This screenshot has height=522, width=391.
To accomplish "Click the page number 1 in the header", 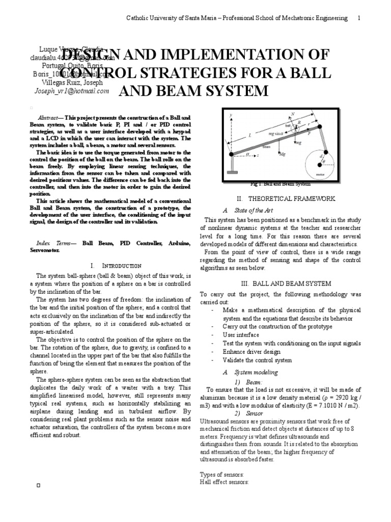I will pyautogui.click(x=359, y=18).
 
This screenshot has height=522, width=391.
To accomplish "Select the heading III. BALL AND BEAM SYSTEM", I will pyautogui.click(x=282, y=283).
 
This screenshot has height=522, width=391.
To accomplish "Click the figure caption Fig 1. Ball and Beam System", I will pyautogui.click(x=281, y=184).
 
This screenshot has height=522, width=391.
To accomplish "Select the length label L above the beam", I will pyautogui.click(x=250, y=135).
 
